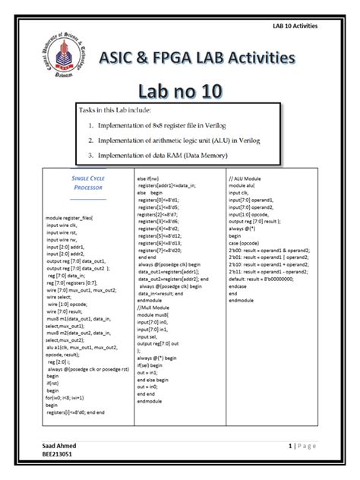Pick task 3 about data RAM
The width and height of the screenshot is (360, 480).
coord(170,156)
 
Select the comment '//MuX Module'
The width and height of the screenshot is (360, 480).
coord(156,308)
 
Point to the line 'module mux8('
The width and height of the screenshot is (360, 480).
coord(156,314)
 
